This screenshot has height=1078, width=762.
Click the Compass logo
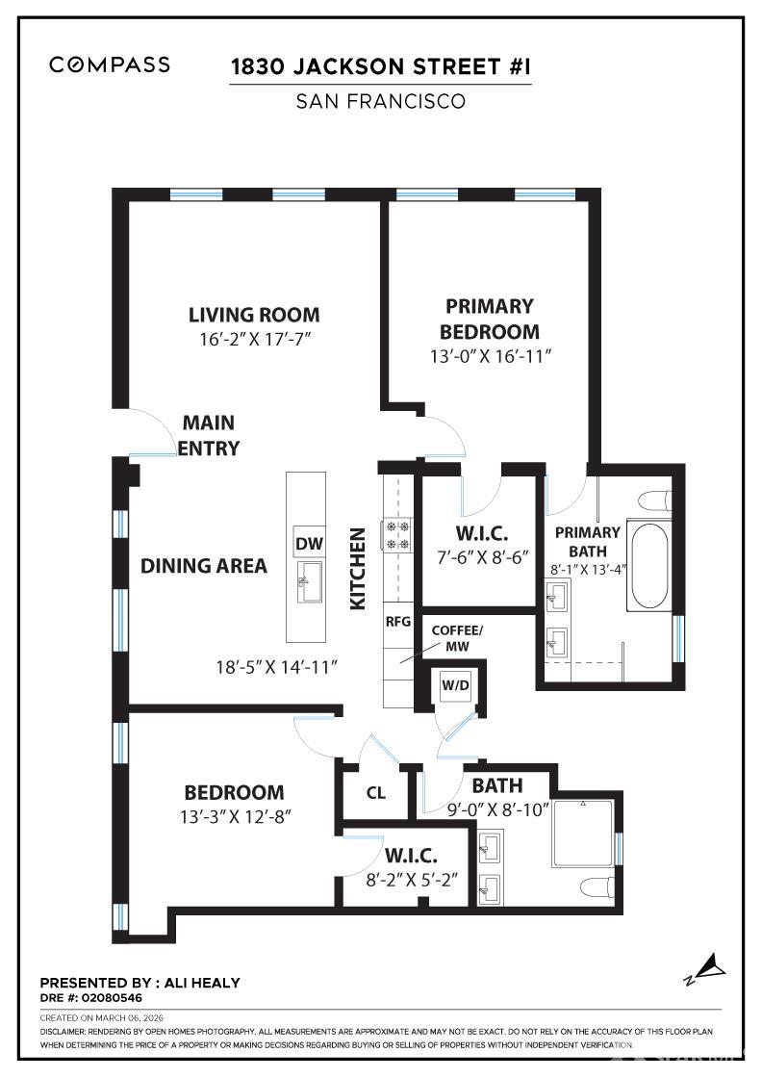[110, 64]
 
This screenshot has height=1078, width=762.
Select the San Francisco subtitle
[380, 101]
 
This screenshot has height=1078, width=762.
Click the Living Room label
[254, 315]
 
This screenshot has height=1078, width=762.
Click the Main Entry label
[209, 435]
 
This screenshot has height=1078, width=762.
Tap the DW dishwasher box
[309, 544]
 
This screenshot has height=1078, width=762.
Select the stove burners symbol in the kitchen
[397, 534]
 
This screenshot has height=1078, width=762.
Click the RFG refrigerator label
[397, 621]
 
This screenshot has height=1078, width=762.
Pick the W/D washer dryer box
[454, 685]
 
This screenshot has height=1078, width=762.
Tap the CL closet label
[376, 793]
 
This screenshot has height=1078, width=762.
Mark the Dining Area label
[204, 566]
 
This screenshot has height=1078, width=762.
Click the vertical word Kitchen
[357, 568]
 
